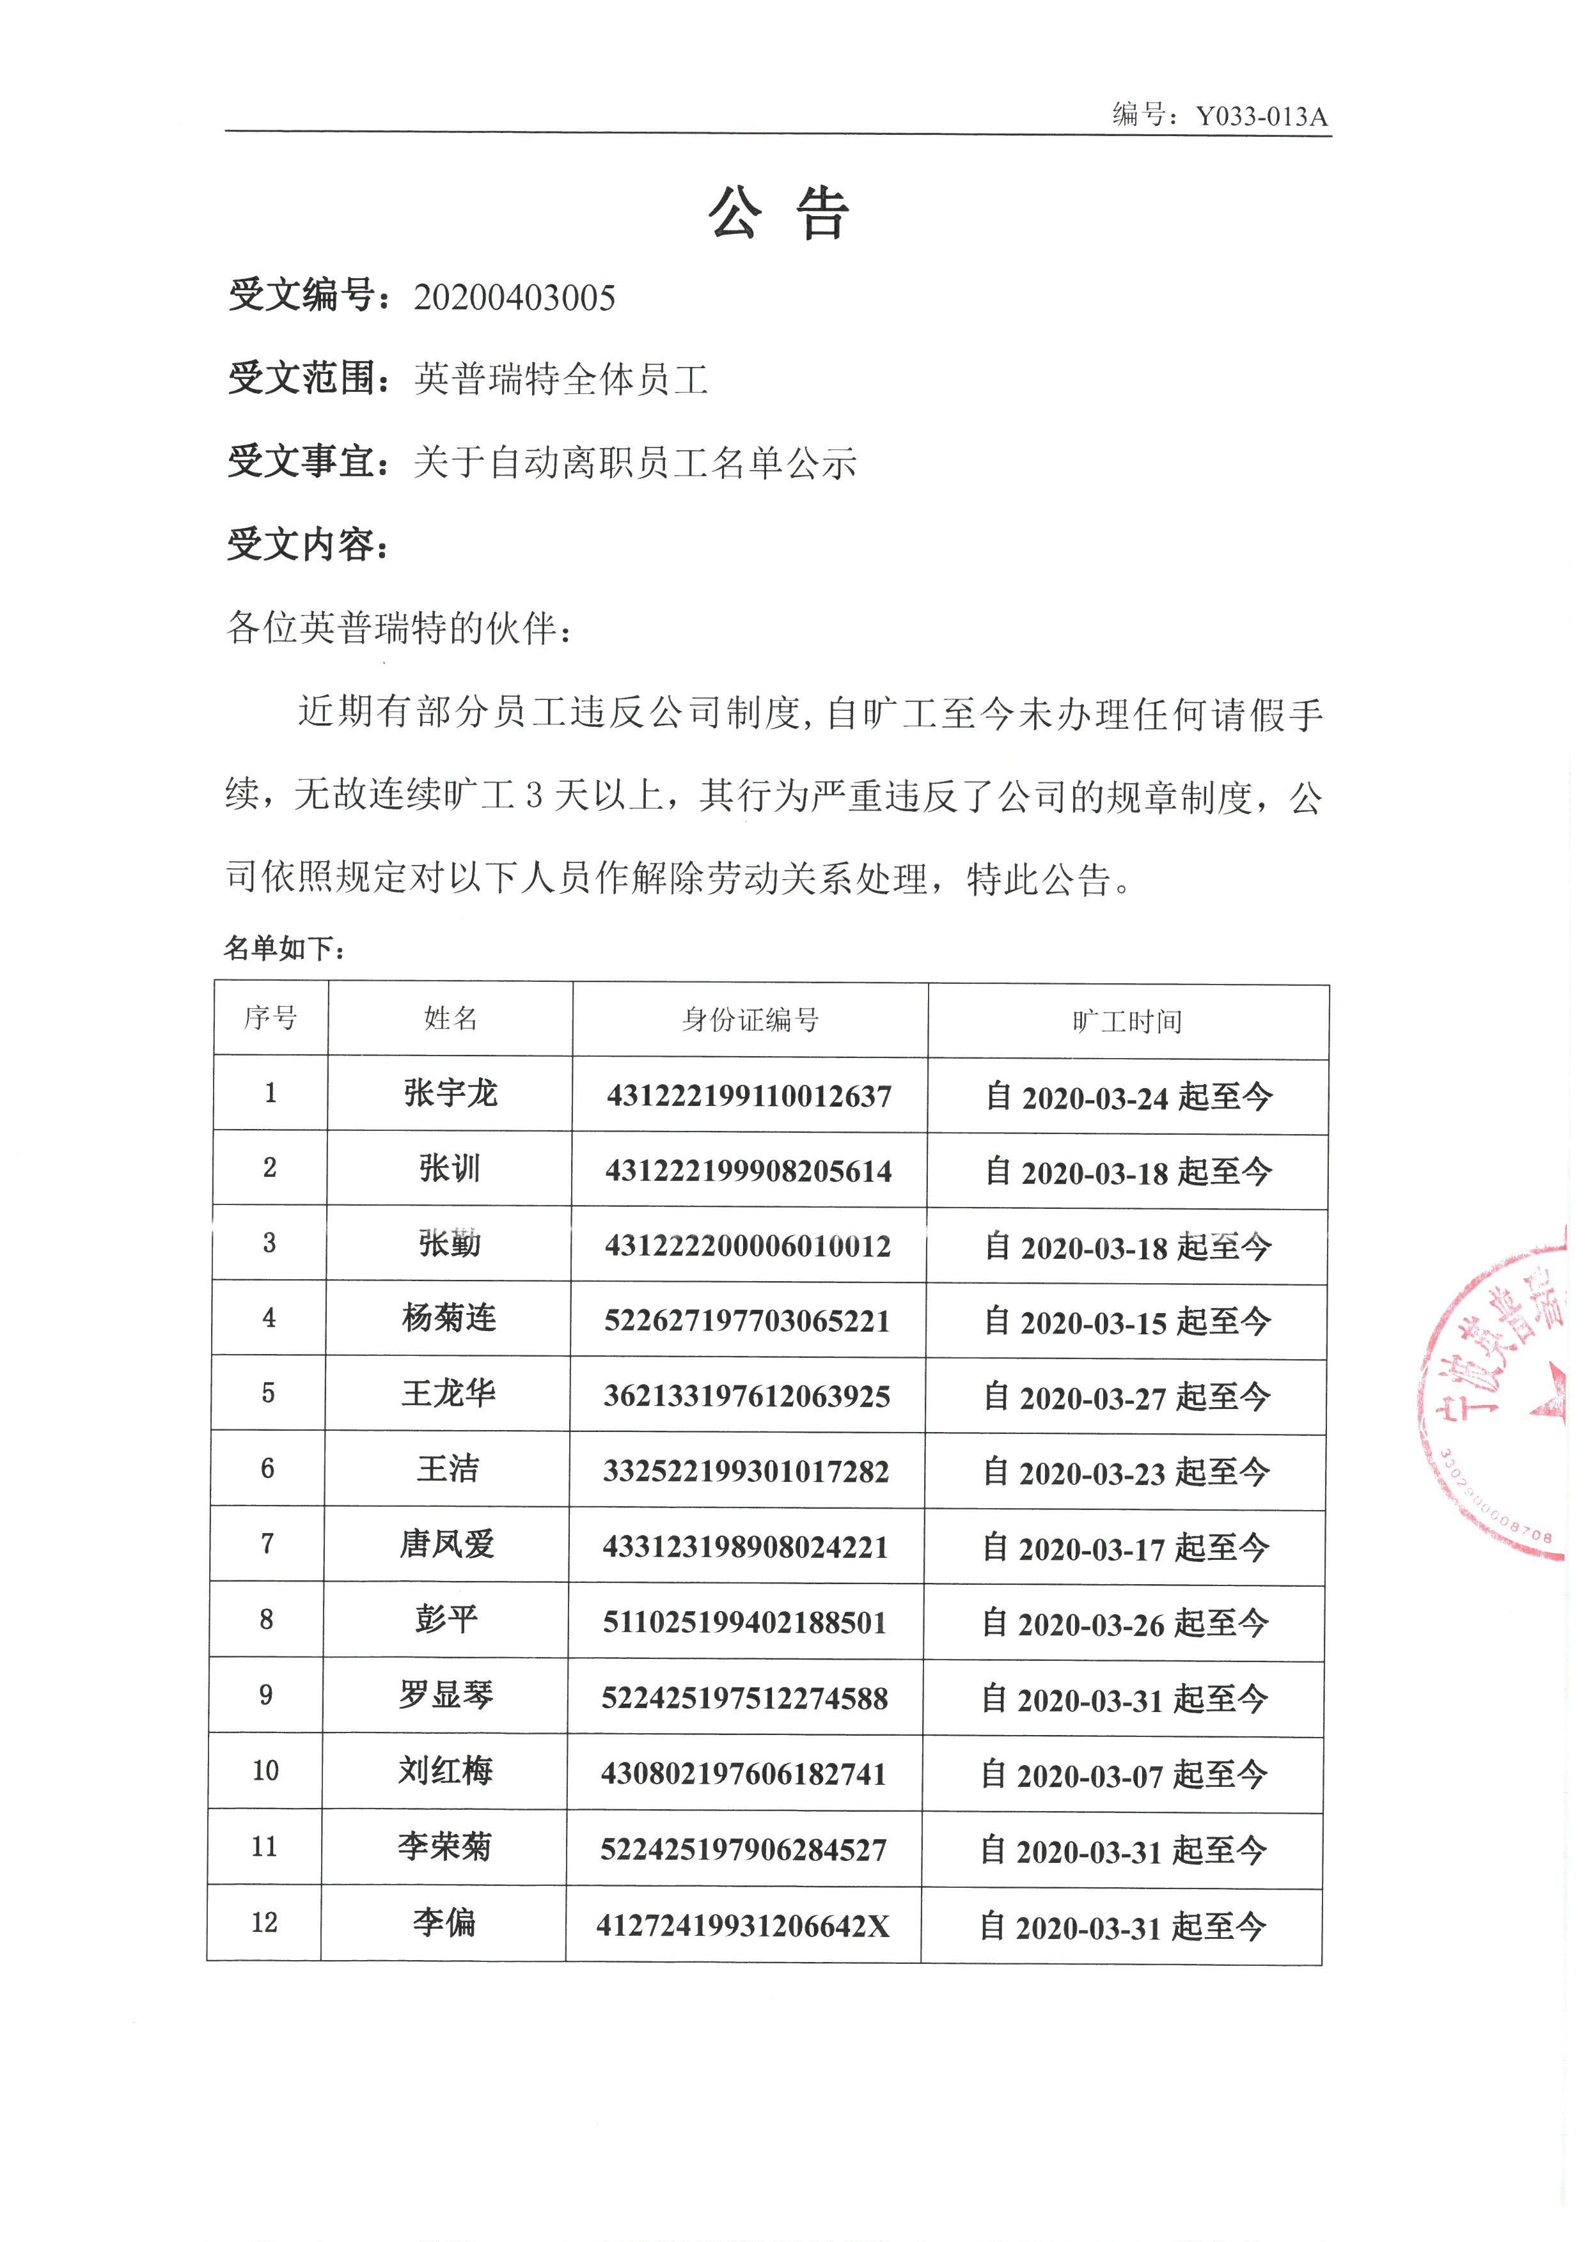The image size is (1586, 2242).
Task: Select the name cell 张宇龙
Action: coord(450,1093)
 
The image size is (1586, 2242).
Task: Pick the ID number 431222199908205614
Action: coord(748,1171)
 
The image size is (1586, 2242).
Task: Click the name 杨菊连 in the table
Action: coord(449,1318)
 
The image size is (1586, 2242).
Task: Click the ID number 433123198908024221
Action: coord(745,1546)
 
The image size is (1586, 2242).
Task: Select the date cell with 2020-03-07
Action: coord(1123,1774)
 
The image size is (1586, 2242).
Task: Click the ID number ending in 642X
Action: coord(743,1926)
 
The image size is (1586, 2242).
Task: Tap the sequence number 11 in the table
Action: coord(263,1846)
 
